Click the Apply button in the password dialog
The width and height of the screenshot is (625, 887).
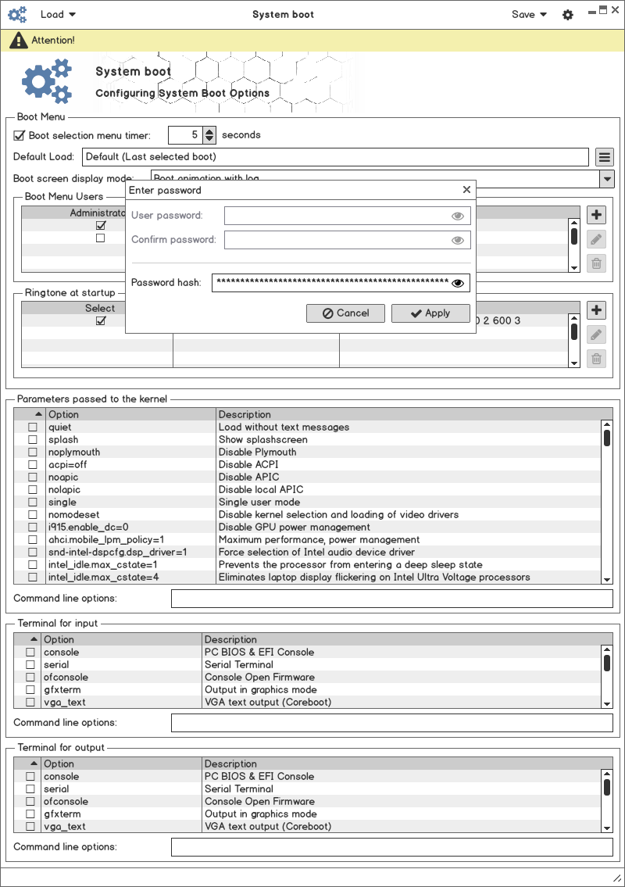point(430,313)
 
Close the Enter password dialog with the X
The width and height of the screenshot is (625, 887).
point(466,190)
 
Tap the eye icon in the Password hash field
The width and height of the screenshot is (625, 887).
point(458,283)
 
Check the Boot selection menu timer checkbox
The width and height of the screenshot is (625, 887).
point(20,135)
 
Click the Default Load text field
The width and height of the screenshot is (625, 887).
point(336,157)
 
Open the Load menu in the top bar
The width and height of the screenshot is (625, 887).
point(58,14)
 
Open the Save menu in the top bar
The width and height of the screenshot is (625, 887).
point(529,14)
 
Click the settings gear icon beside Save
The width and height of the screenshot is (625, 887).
point(568,15)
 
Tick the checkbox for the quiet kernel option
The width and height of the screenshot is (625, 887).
point(33,427)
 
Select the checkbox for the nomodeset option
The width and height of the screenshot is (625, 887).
point(33,515)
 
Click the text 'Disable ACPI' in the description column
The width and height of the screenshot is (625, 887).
point(248,465)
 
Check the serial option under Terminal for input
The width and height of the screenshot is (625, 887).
point(30,665)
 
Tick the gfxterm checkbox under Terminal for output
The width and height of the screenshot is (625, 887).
point(30,814)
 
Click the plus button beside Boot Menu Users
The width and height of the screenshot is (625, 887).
point(596,215)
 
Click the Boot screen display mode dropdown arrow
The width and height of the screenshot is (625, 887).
point(607,179)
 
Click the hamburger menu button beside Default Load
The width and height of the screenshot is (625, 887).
point(604,157)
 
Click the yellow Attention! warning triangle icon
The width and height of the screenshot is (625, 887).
point(17,40)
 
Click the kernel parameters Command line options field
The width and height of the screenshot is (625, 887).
point(391,599)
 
